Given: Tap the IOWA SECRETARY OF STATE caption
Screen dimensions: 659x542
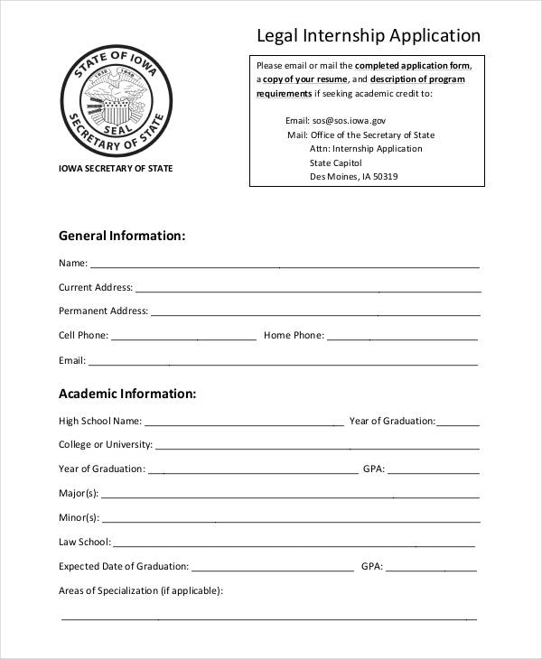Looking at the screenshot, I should [x=115, y=169].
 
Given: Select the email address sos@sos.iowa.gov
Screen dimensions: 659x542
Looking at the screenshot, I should [x=350, y=120].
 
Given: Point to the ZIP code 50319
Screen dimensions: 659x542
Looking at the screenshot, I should [x=385, y=177].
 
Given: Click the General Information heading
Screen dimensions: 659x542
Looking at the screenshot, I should [x=122, y=236].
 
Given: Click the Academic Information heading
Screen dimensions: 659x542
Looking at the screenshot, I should [x=127, y=394].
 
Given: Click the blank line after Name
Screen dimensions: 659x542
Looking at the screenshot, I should [x=285, y=265].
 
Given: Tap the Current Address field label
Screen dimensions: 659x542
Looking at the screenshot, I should [x=95, y=288].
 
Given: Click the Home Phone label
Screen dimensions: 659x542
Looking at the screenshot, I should [x=294, y=336].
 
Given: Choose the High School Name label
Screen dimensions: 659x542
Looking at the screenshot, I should [x=100, y=421].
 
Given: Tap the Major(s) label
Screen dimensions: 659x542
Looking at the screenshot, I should [x=79, y=494].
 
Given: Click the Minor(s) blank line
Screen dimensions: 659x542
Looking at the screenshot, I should [x=290, y=520].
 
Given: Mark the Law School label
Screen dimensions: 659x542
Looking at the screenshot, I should [x=85, y=543].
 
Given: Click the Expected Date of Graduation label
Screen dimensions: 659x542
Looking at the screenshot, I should [x=124, y=567].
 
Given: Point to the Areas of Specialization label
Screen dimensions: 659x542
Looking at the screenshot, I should [x=140, y=591].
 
